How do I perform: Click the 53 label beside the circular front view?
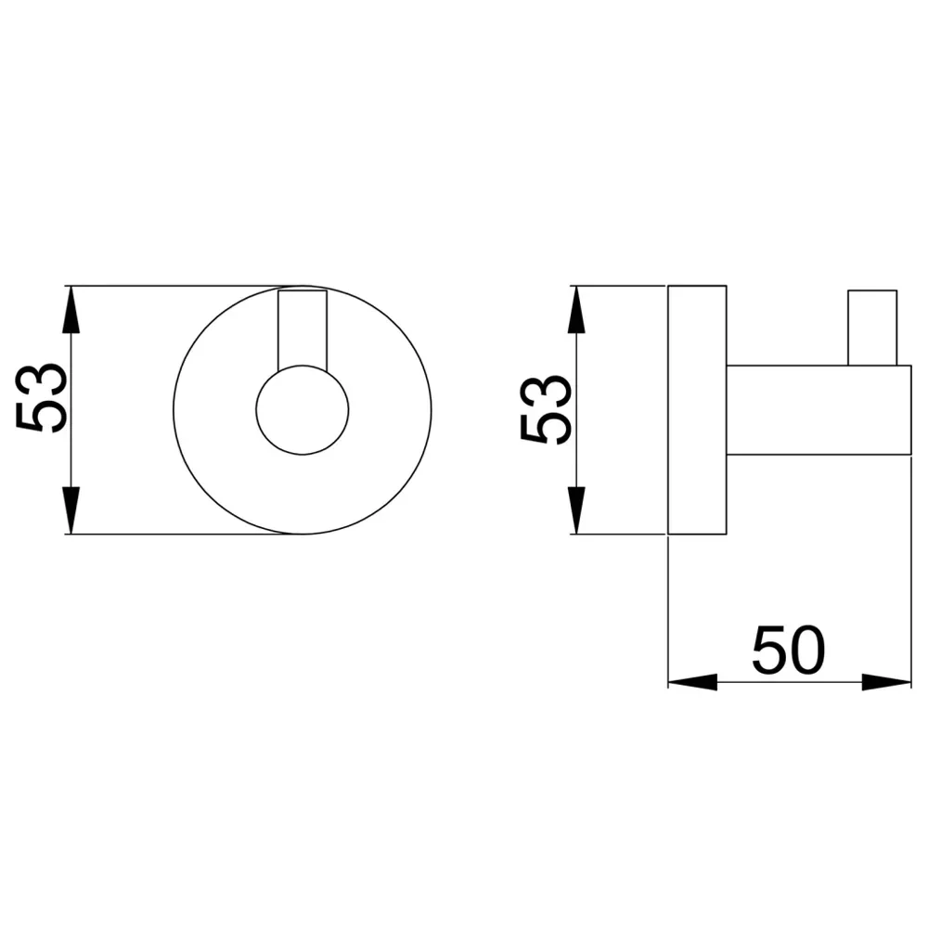pos(41,398)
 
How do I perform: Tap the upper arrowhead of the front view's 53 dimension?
pos(71,309)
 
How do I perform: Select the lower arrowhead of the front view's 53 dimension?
pos(71,510)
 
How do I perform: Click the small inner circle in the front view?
pos(303,410)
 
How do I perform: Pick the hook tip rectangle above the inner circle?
pos(303,329)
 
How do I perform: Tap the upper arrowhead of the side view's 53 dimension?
pos(577,309)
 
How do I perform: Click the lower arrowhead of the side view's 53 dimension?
pos(577,510)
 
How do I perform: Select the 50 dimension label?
pos(788,650)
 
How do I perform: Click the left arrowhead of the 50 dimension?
pos(692,682)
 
